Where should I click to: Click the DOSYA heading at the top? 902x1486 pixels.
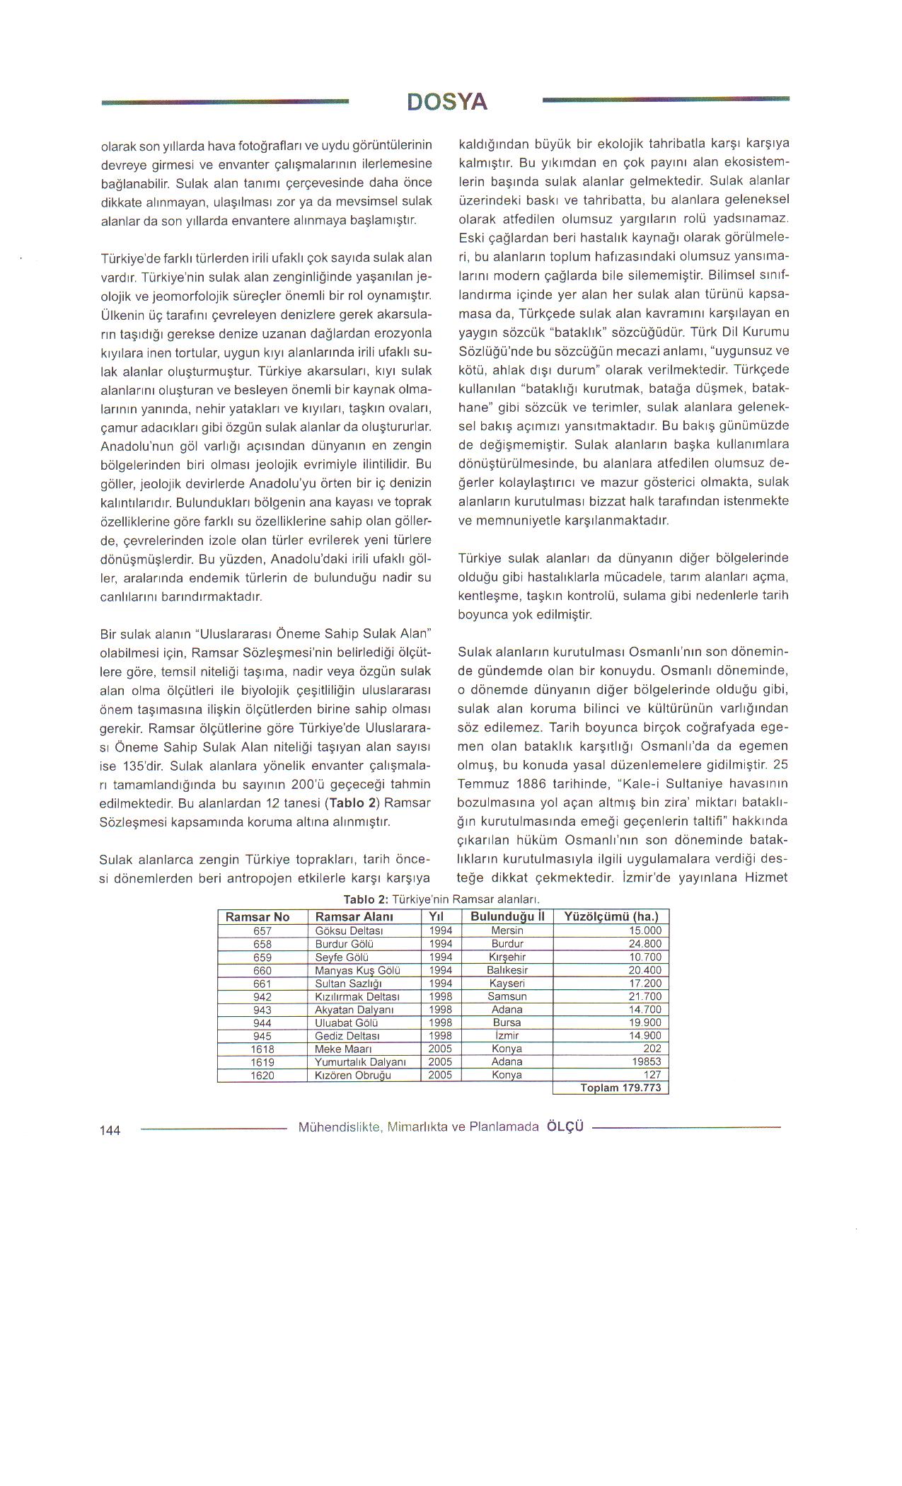click(x=447, y=102)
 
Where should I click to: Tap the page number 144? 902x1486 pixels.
click(x=110, y=1130)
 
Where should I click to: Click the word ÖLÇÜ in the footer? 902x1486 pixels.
click(x=565, y=1127)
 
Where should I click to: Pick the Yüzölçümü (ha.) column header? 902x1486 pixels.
click(x=611, y=917)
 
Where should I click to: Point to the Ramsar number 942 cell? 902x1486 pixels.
click(x=262, y=997)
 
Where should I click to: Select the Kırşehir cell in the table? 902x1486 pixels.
click(x=507, y=957)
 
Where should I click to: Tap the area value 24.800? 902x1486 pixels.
click(x=644, y=944)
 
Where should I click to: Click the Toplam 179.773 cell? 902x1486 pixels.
click(x=620, y=1088)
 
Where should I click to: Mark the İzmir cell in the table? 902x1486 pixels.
click(x=507, y=1036)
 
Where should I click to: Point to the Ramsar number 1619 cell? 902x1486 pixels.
click(x=262, y=1062)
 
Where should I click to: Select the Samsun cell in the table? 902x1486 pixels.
click(x=507, y=997)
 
